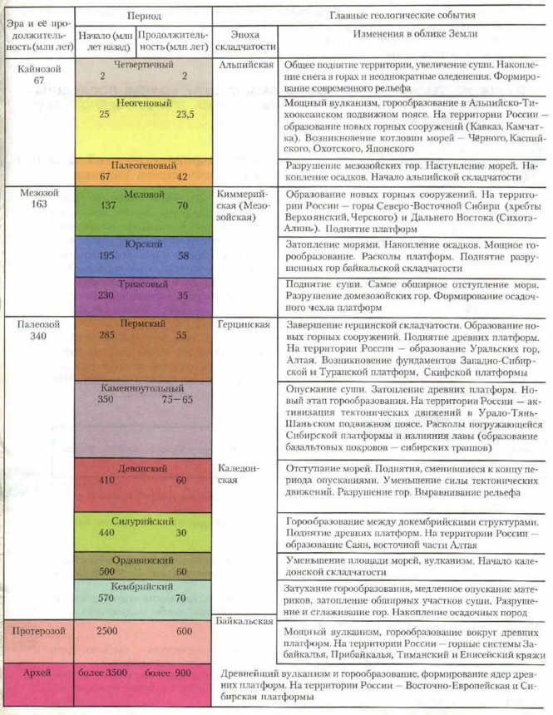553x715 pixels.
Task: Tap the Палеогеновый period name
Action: coord(142,165)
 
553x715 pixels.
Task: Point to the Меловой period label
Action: coord(142,193)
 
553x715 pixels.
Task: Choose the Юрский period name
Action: coord(142,243)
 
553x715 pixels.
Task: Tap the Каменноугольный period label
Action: coord(142,387)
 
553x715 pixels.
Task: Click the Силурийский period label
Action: coord(142,520)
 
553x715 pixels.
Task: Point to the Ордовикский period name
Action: coord(142,559)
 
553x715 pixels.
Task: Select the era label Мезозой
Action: coord(36,192)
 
